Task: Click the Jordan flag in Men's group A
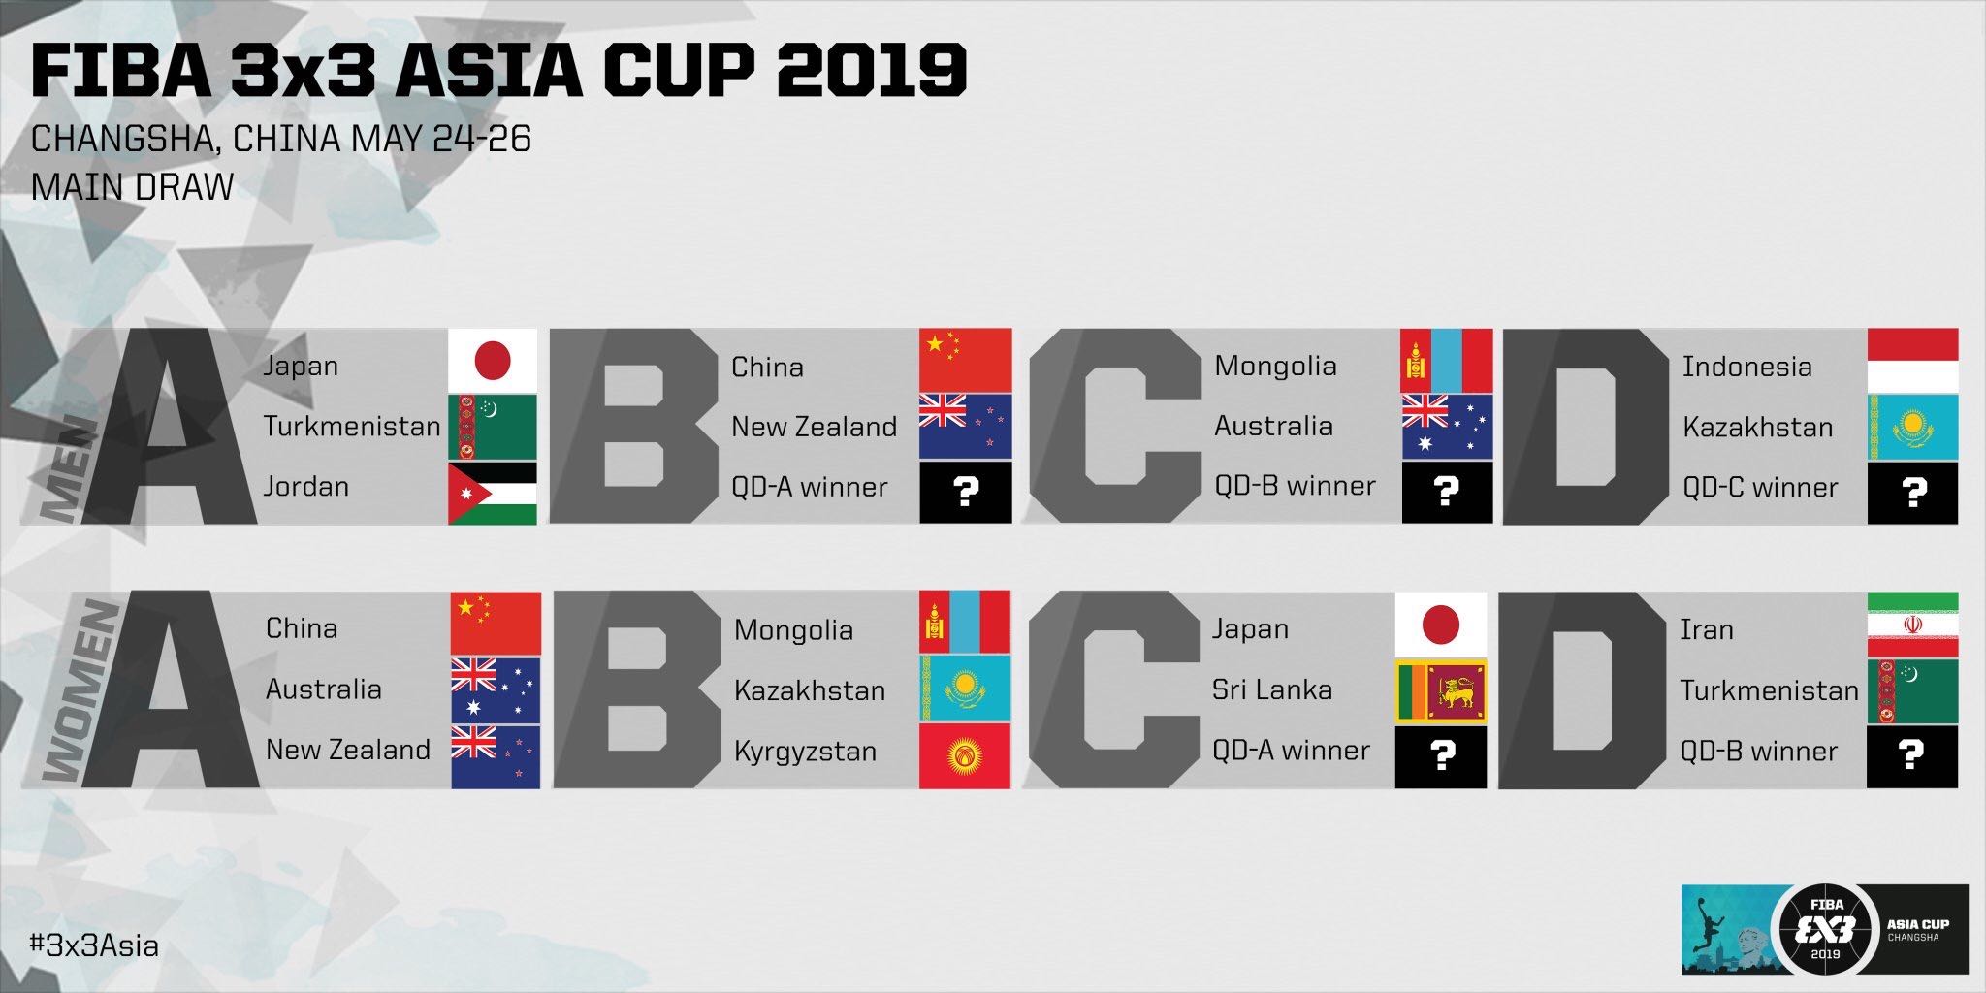tap(493, 494)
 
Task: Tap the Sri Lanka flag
tap(1441, 692)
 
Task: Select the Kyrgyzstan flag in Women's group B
tap(965, 755)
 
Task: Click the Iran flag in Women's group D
tap(1912, 625)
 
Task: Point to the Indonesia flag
tap(1912, 360)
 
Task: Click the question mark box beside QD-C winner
tap(1912, 493)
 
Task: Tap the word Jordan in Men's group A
tap(306, 486)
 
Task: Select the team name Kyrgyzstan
tap(805, 752)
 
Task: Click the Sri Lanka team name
tap(1272, 689)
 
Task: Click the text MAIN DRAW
tap(132, 186)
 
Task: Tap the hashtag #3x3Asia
tap(94, 945)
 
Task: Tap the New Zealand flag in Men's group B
tap(965, 426)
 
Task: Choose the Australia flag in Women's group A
tap(496, 690)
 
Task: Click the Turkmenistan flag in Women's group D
tap(1912, 691)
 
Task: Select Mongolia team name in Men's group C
tap(1275, 366)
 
